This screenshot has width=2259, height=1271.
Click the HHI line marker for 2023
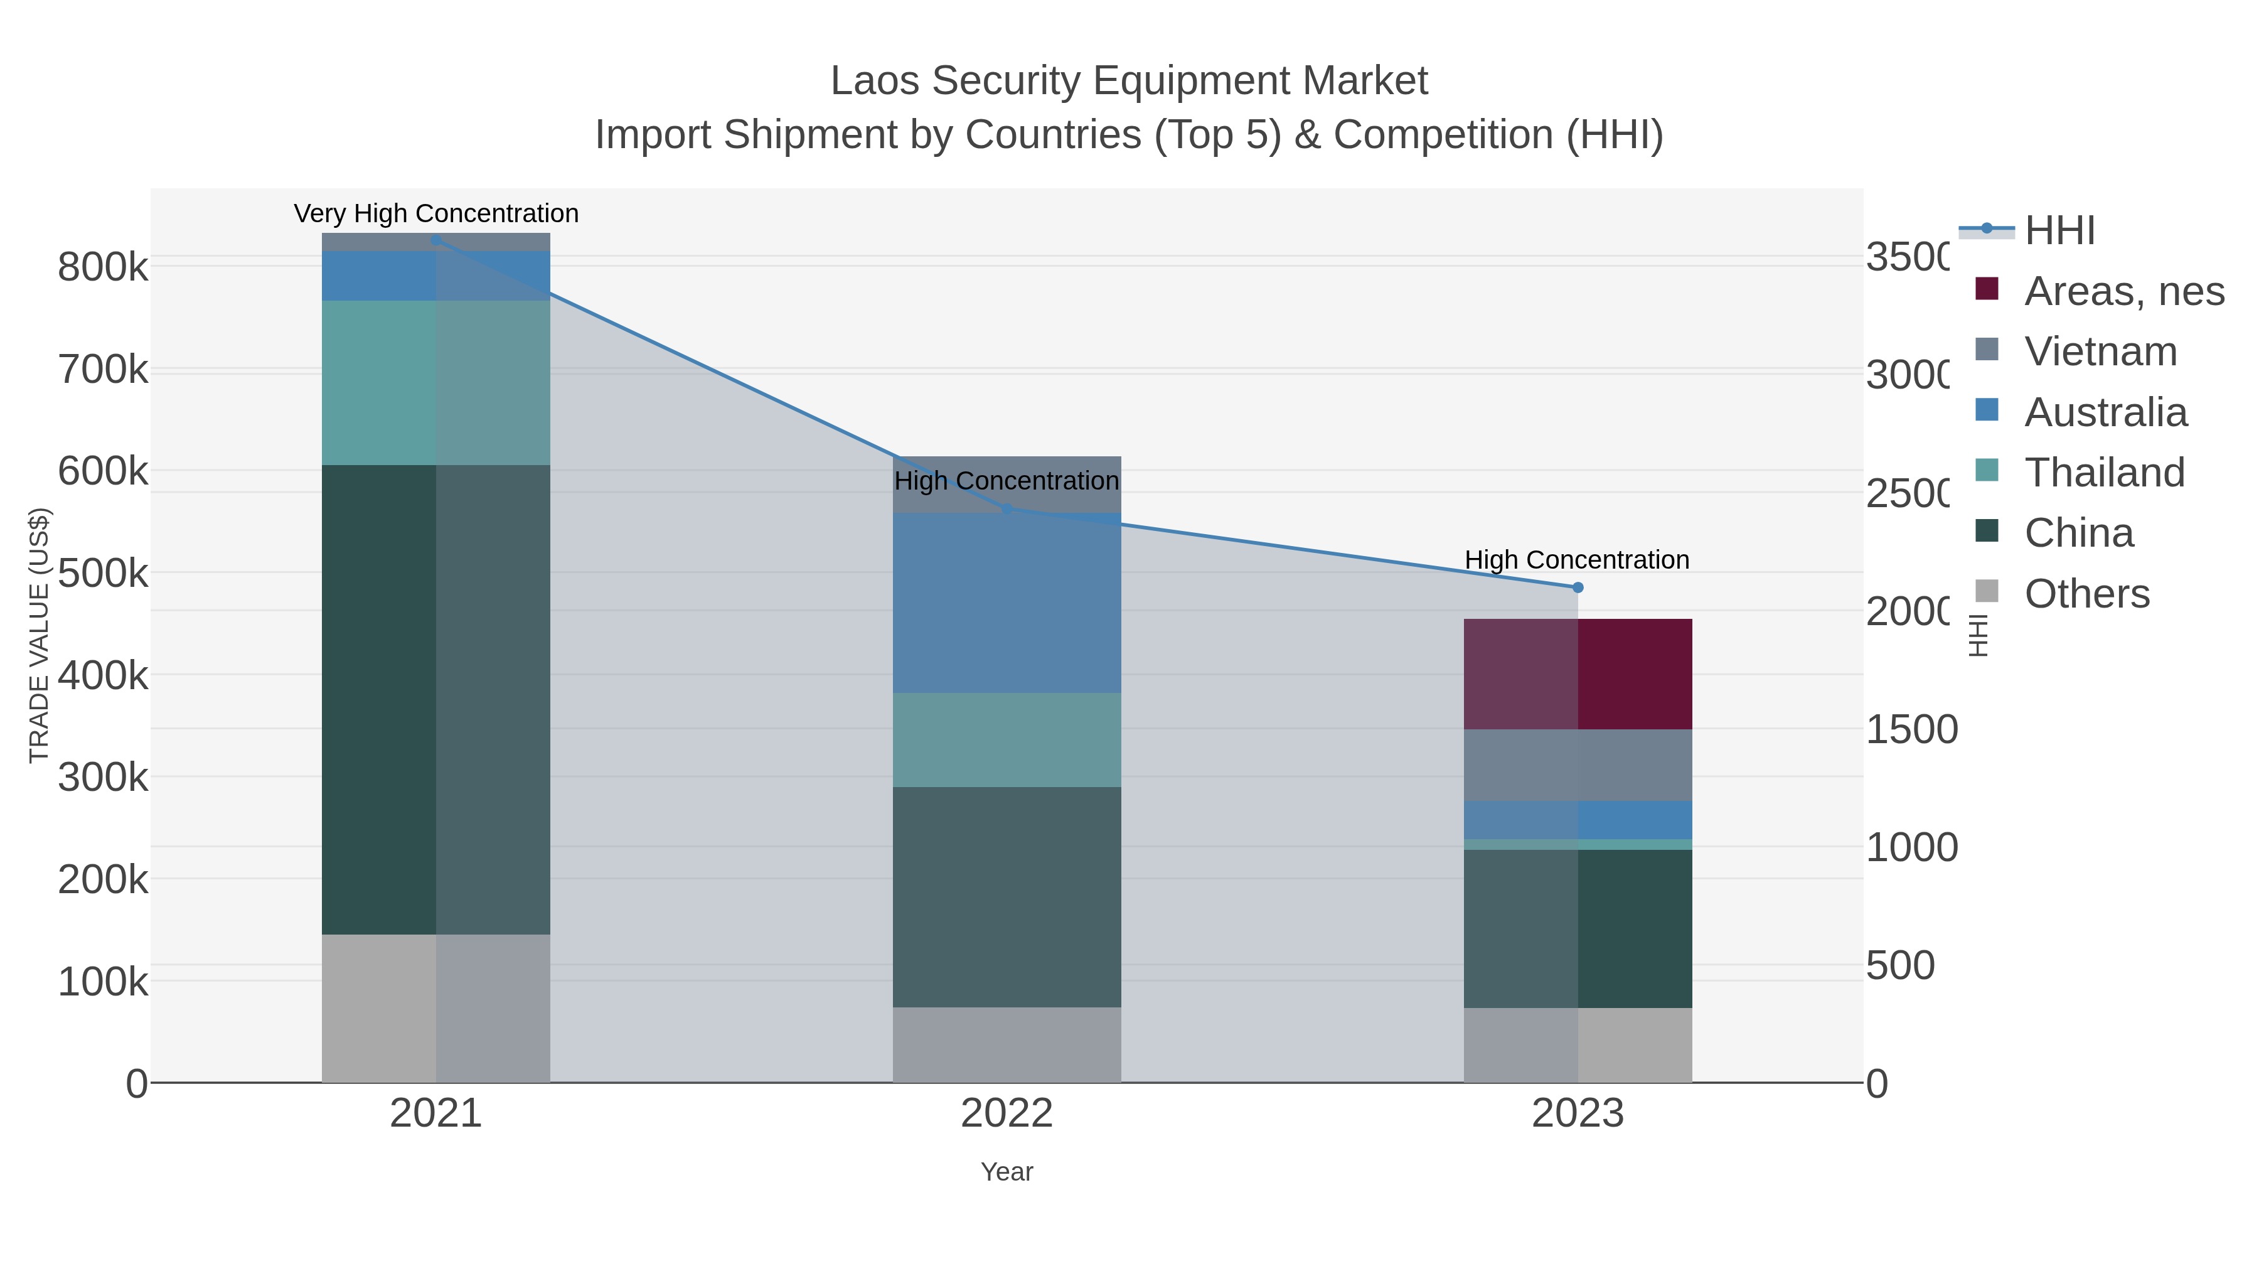1578,587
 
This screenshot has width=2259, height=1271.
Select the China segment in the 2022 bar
1007,896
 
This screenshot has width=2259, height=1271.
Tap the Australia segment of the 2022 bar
1007,603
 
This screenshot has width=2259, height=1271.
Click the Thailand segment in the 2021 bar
436,382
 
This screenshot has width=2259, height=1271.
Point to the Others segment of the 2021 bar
436,1008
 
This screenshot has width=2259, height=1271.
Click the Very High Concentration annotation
436,213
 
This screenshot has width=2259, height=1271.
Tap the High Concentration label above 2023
1577,560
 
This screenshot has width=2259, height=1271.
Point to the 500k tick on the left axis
103,574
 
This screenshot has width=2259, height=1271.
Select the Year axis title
1007,1172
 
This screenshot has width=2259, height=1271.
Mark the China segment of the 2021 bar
436,699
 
